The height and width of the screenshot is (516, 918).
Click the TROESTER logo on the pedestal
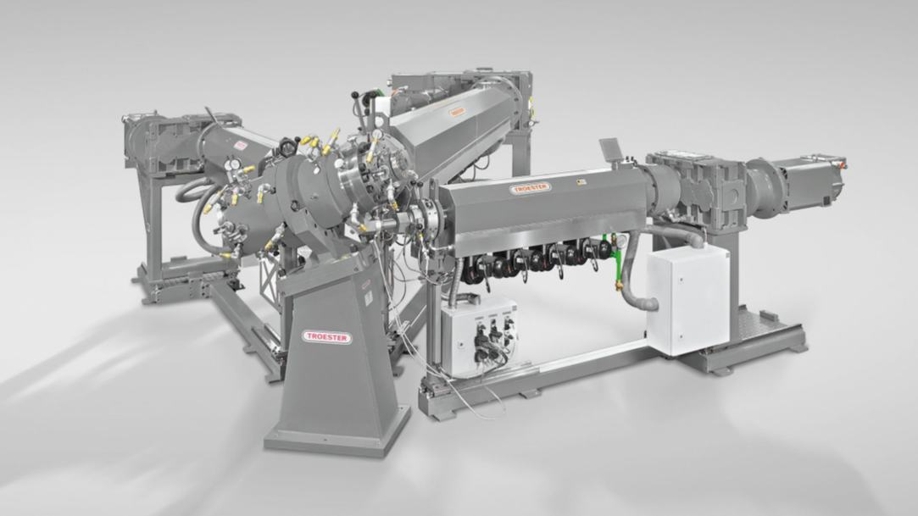[x=327, y=336]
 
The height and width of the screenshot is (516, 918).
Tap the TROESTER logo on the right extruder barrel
[x=531, y=188]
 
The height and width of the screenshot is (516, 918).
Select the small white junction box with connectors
[x=480, y=334]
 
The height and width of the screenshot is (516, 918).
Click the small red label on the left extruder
[x=241, y=146]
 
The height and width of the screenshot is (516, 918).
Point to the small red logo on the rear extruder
[x=457, y=111]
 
